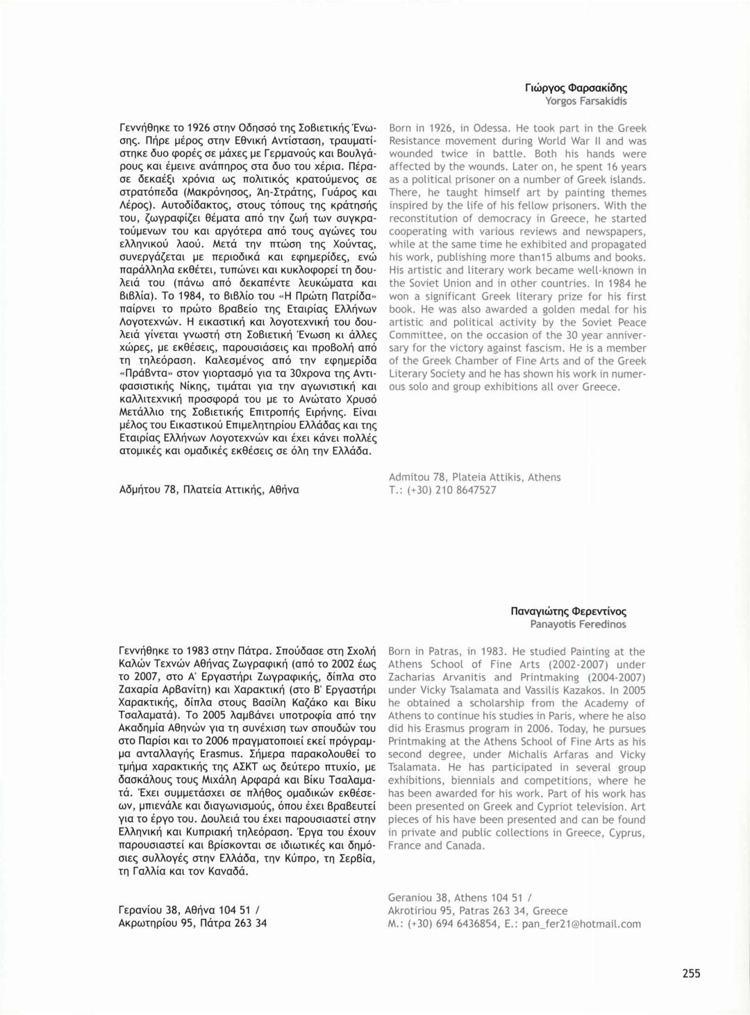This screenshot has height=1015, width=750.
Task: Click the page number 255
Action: click(691, 973)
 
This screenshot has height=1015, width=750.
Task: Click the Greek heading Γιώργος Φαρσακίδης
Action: click(576, 88)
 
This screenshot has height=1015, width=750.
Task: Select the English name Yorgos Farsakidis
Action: click(585, 101)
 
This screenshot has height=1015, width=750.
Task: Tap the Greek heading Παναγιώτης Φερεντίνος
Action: click(568, 612)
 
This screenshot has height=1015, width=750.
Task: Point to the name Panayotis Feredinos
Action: click(578, 624)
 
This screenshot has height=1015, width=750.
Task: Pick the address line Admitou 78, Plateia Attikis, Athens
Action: click(474, 478)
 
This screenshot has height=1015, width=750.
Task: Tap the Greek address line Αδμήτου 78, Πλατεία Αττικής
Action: click(209, 489)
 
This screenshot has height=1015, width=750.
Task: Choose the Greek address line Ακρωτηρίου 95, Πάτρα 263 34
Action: click(192, 923)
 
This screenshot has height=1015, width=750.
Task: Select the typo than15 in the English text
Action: click(531, 258)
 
